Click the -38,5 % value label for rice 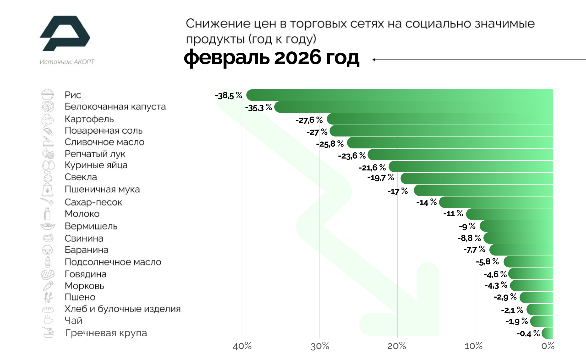(229, 96)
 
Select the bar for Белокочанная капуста (413, 107)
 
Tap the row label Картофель (89, 119)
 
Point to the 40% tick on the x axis (242, 346)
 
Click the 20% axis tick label (397, 346)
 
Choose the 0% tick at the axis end (548, 346)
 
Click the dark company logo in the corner (65, 33)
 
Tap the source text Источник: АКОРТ (67, 62)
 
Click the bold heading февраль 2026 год (272, 57)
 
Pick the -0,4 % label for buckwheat (528, 333)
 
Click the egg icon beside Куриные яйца (48, 165)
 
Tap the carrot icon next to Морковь (48, 286)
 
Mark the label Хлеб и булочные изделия (122, 309)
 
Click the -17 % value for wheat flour (397, 191)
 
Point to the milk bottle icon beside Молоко (48, 214)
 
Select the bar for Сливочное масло (450, 143)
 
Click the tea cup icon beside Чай (48, 320)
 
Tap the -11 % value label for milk (453, 213)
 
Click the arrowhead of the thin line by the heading (374, 60)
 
